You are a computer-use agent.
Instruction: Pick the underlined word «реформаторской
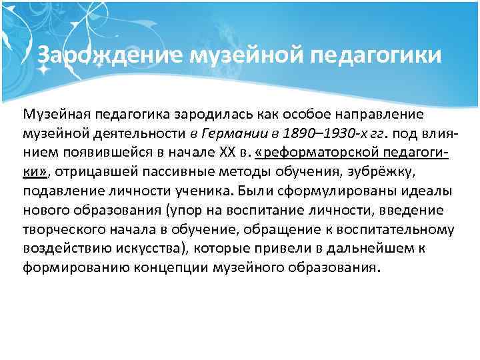(312, 151)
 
